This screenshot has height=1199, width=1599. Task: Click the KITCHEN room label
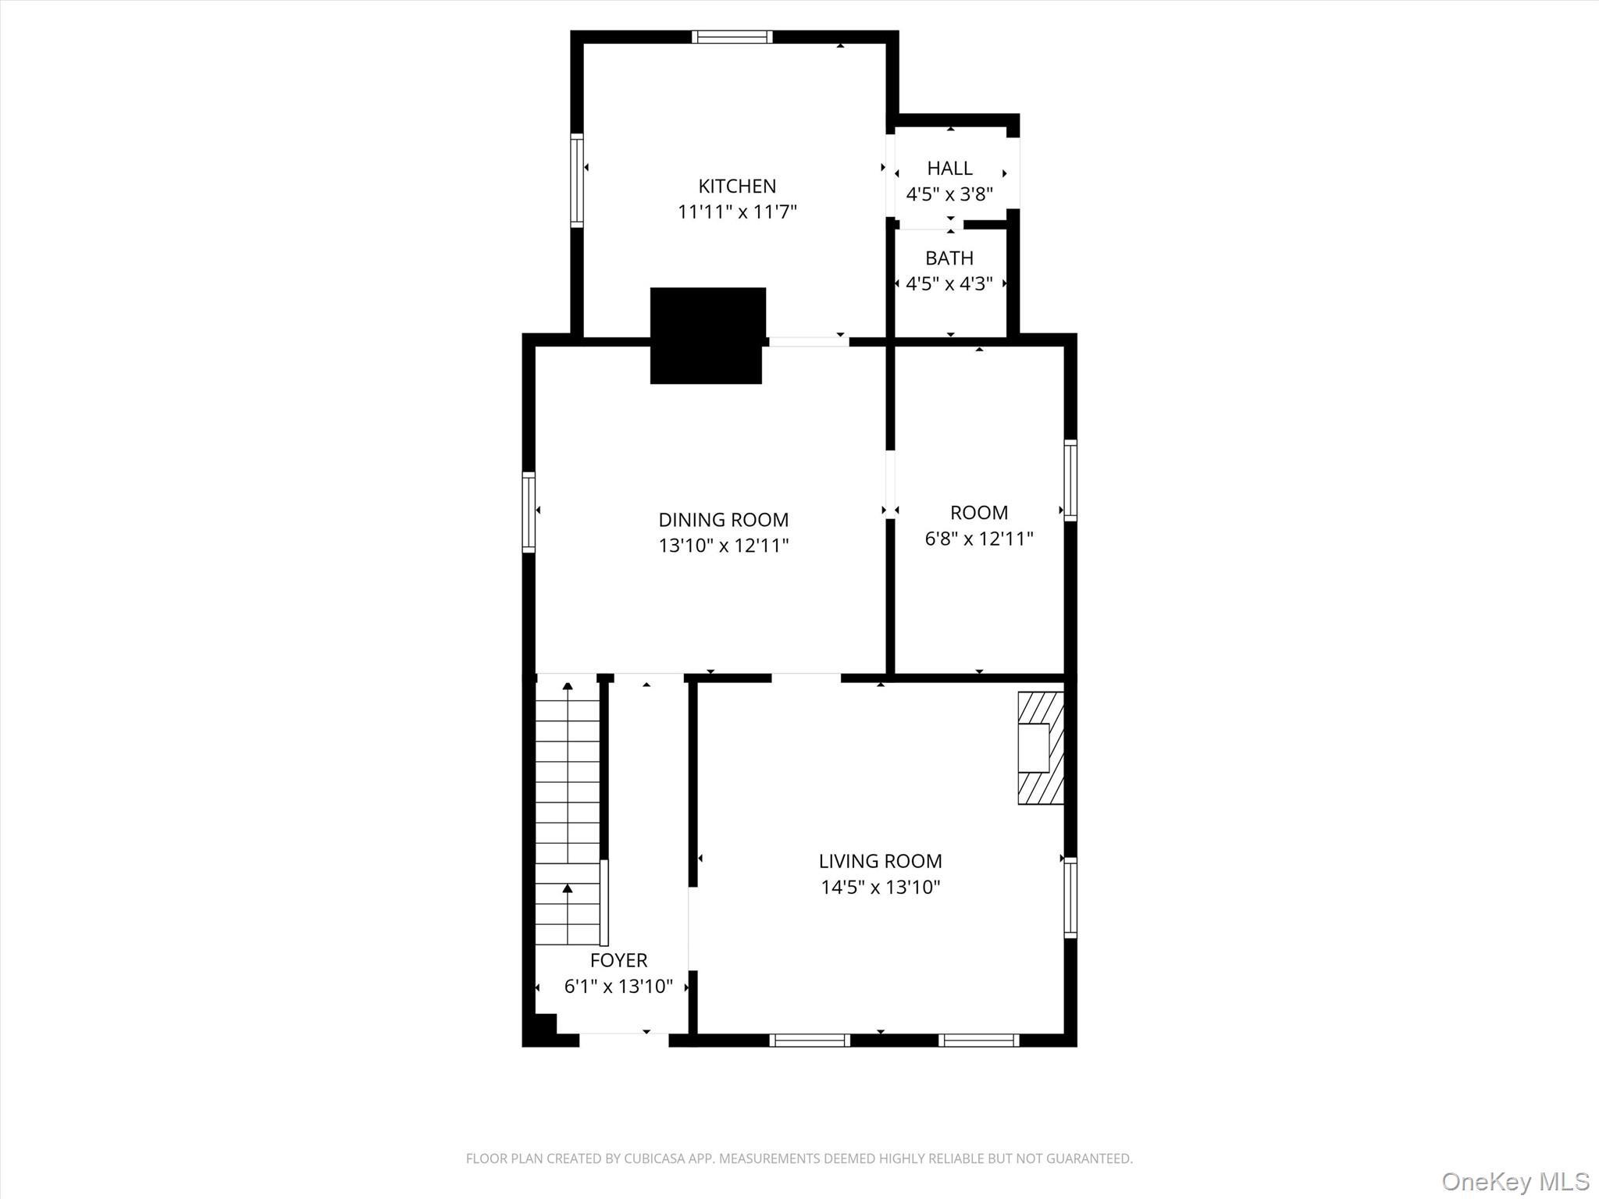[x=736, y=186]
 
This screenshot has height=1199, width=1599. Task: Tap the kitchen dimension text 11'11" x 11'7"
[x=736, y=212]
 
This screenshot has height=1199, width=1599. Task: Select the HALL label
[x=949, y=168]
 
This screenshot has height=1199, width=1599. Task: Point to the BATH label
[x=949, y=258]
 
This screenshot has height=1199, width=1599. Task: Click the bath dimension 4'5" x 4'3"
[x=949, y=283]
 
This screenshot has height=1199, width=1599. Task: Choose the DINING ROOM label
[x=723, y=519]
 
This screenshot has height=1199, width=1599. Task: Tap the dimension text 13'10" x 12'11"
[x=723, y=546]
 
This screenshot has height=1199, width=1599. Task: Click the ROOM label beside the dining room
[x=978, y=512]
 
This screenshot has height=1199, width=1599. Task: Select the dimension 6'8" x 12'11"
[x=978, y=539]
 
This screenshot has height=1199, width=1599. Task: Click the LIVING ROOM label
[x=880, y=861]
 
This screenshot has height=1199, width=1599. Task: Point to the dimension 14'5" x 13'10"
[x=880, y=888]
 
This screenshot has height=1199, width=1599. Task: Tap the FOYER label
[x=618, y=960]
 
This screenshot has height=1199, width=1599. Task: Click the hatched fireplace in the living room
[x=1041, y=748]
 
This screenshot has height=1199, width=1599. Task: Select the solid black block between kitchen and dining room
[x=707, y=336]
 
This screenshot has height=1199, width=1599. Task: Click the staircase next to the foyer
[x=567, y=812]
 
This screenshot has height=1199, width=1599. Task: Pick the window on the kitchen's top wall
[x=732, y=37]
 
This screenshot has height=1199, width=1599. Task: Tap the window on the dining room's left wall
[x=529, y=511]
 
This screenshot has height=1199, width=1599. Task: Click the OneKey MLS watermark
[x=1515, y=1181]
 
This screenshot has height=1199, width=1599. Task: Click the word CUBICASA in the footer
[x=653, y=1158]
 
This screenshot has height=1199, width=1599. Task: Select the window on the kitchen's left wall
[x=577, y=180]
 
